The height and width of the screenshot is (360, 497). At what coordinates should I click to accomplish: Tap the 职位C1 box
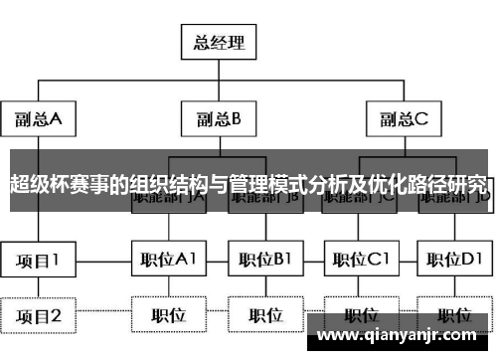(x=360, y=261)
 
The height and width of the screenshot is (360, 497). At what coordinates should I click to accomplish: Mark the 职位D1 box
(x=453, y=261)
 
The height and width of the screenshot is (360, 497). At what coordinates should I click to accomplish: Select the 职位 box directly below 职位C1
(x=360, y=315)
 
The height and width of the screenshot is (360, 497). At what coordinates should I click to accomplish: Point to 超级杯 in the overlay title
(x=34, y=184)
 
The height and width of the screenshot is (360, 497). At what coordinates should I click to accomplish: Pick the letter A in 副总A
(x=56, y=120)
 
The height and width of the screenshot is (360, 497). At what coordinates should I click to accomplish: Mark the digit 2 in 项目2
(x=56, y=316)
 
